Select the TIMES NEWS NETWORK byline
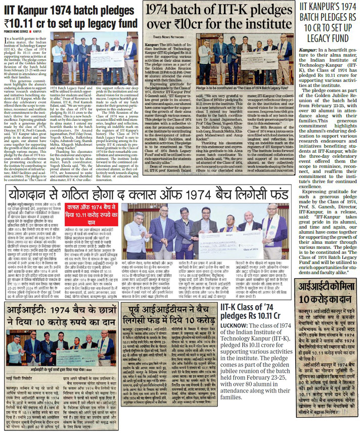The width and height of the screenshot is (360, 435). [x=169, y=37]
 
